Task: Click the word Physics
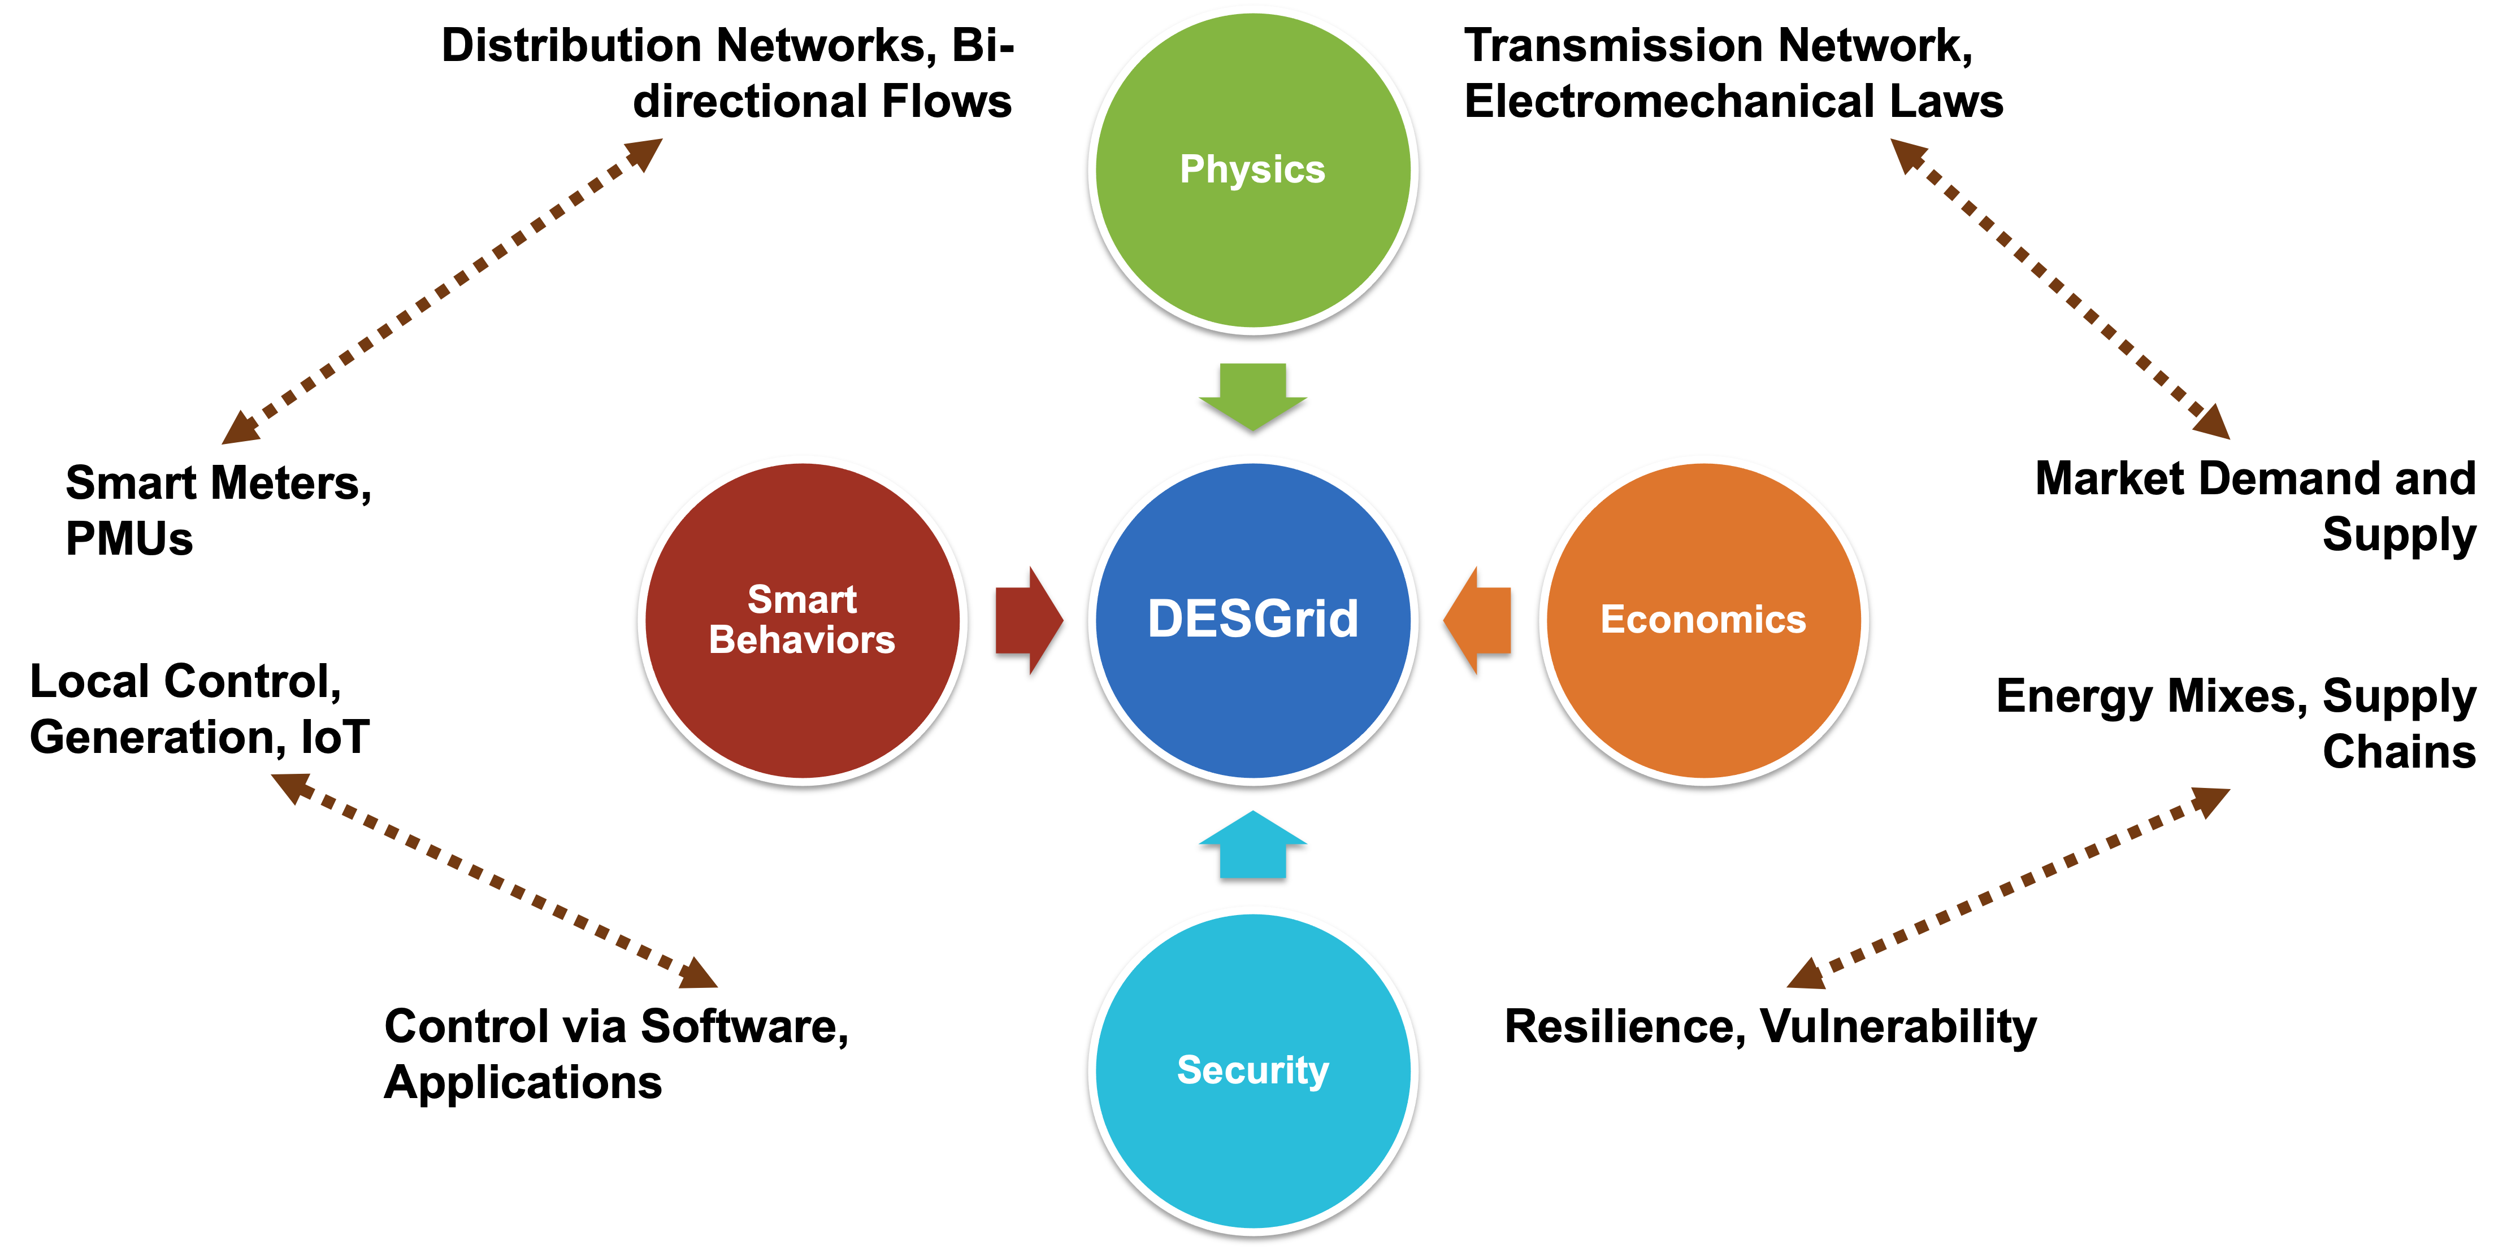(1252, 169)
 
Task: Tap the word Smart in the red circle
(802, 599)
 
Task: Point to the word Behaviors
(802, 639)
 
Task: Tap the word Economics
(1703, 619)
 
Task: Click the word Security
(1252, 1070)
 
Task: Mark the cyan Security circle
(1252, 1154)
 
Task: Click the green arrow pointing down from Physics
(1253, 395)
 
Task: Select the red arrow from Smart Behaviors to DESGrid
(1028, 620)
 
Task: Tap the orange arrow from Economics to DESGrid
(1478, 620)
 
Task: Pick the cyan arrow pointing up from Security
(1253, 845)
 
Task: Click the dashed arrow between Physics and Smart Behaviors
(442, 291)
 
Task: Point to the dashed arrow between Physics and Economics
(2059, 290)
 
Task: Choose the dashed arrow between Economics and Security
(2009, 888)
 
